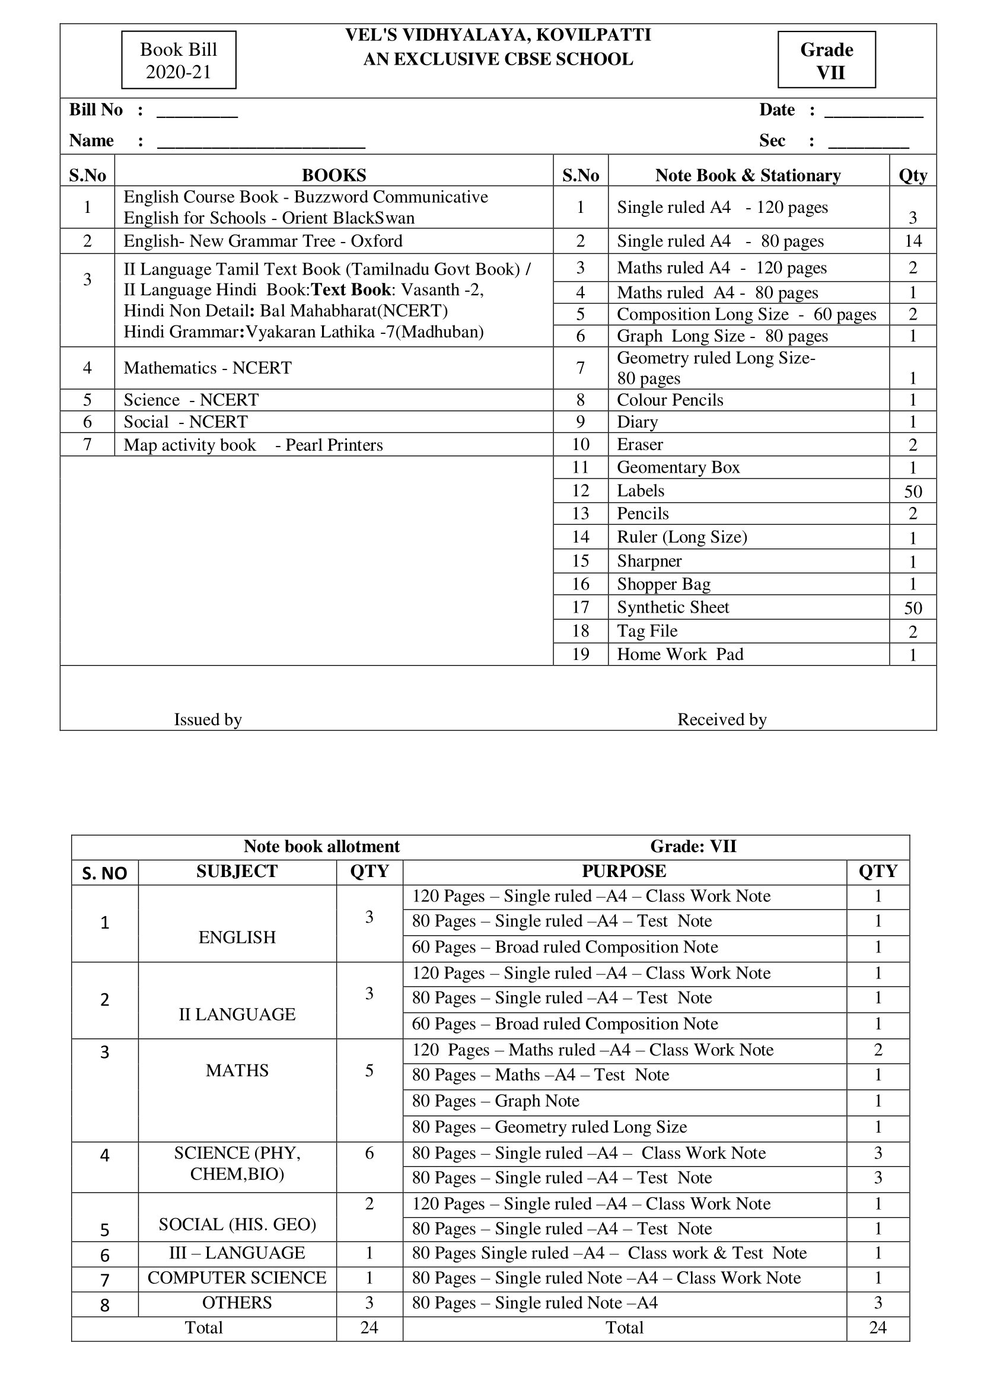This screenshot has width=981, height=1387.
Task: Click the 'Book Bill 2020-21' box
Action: coord(178,60)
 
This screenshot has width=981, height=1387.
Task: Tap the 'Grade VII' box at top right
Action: coord(826,60)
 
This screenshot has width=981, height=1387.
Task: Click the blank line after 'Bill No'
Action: coord(197,112)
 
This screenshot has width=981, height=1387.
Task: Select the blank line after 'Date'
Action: coord(874,112)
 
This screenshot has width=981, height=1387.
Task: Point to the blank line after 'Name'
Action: coord(261,144)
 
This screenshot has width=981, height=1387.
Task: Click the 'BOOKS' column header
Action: coord(333,175)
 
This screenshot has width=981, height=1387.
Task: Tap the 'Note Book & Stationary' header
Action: coord(748,175)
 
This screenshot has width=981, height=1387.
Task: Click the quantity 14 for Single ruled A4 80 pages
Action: coord(913,241)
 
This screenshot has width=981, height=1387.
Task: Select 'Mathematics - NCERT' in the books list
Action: coord(207,368)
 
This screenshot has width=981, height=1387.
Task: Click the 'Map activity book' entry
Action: coord(190,445)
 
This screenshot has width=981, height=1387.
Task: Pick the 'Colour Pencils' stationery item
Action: coord(670,400)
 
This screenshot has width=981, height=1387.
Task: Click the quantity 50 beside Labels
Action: coord(913,491)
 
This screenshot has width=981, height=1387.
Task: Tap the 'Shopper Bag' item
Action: coord(663,584)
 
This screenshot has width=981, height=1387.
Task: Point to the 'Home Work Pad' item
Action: coord(680,654)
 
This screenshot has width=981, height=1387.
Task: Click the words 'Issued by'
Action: coord(208,719)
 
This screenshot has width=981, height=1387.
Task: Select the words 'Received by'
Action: coord(722,719)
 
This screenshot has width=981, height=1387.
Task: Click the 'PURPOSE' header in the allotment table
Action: coord(624,871)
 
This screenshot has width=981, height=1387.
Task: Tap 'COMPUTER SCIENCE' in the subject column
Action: coord(237,1278)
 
